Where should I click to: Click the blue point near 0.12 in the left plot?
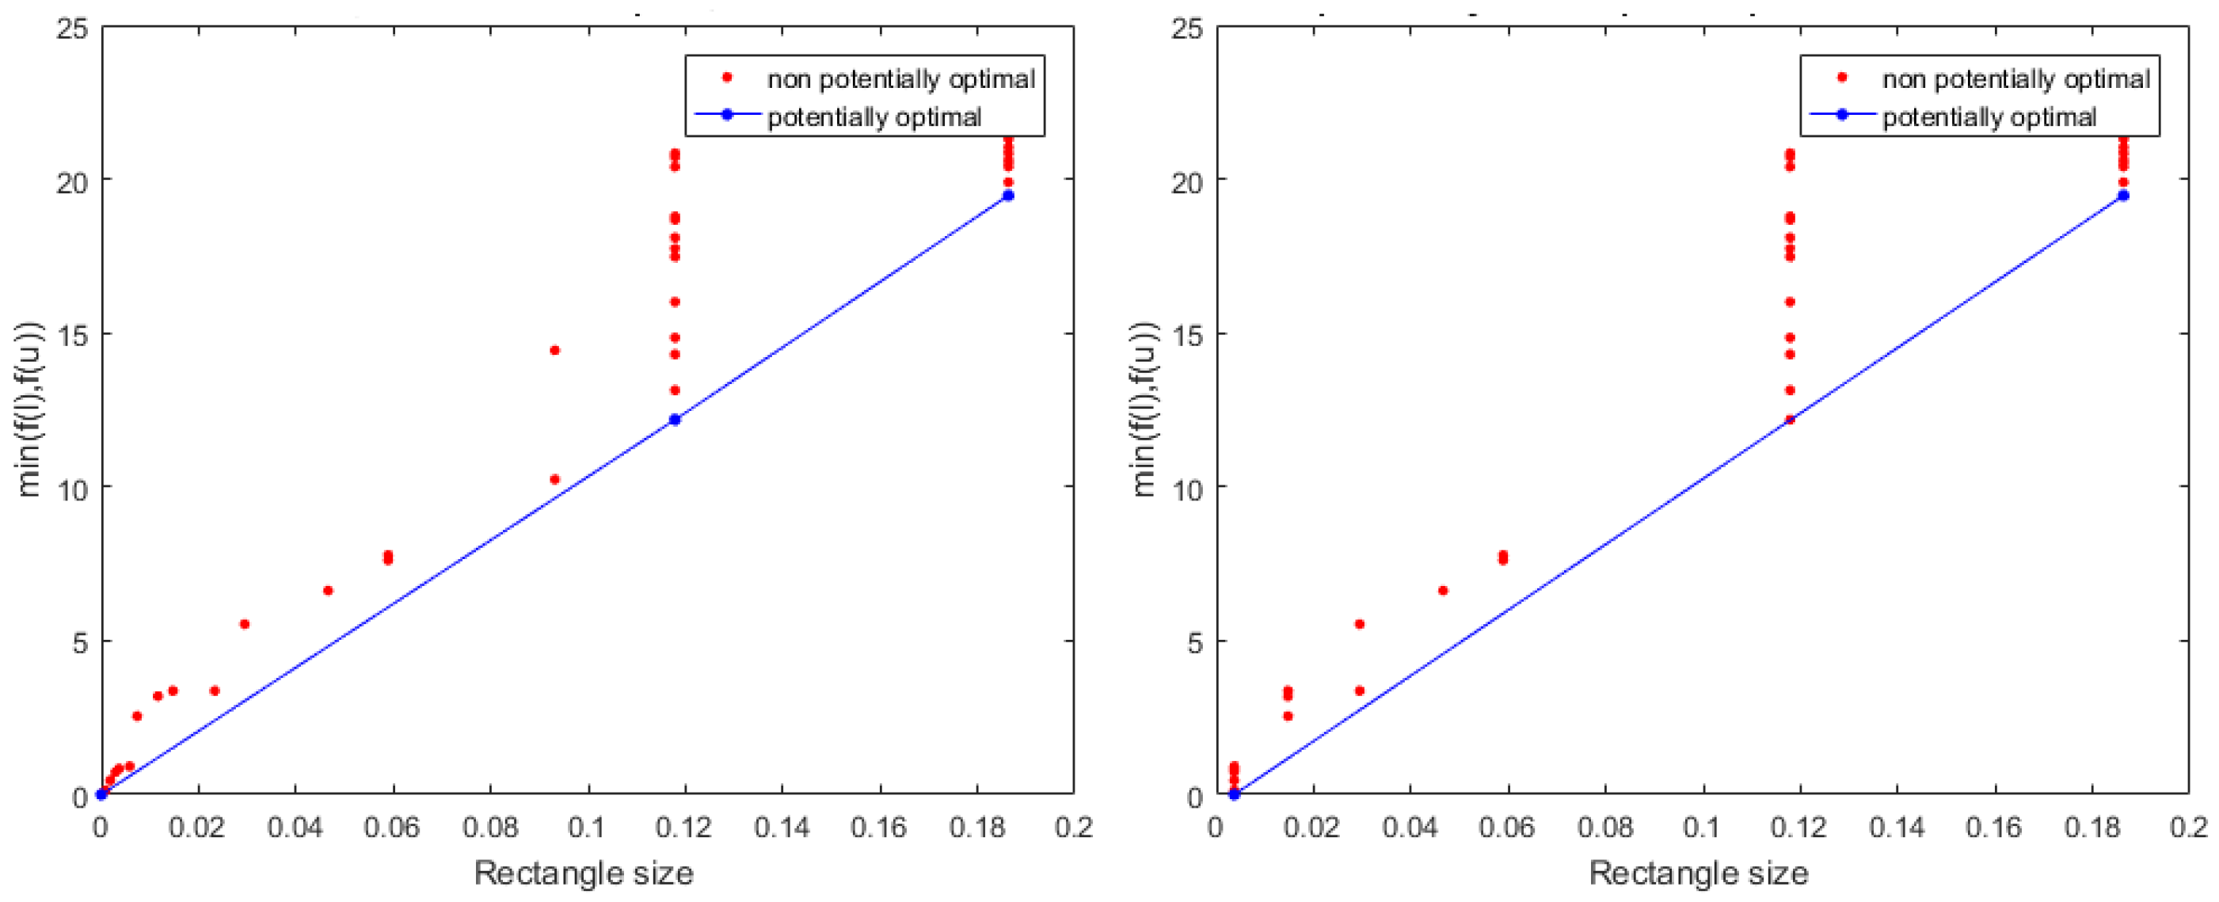coord(675,420)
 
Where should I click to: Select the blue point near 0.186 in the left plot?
coord(1009,196)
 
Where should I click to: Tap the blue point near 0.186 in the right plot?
coord(2123,196)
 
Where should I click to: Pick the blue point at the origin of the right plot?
coord(1234,794)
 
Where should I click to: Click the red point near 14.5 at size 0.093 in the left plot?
coord(554,350)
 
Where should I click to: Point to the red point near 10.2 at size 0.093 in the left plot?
coord(554,479)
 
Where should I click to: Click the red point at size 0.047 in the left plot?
coord(328,590)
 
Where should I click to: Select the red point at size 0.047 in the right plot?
coord(1443,590)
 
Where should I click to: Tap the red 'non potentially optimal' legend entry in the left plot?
coord(900,79)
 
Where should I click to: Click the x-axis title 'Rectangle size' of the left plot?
coord(584,873)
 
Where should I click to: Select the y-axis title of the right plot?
coord(1145,409)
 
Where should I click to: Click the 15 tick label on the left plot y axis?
coord(70,335)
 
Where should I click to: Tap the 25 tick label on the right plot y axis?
coord(1186,29)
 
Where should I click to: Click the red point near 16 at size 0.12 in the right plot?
coord(1790,302)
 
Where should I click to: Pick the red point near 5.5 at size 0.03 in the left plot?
coord(245,624)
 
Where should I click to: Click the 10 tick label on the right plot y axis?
coord(1186,489)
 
